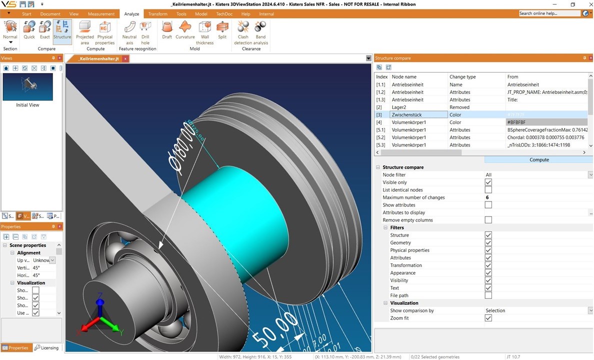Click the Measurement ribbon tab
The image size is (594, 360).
(101, 14)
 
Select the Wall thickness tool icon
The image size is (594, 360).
(204, 27)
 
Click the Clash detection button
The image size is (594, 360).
(243, 27)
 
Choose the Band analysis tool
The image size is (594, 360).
(260, 27)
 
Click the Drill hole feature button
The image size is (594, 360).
(145, 27)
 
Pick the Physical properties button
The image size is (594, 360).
(105, 27)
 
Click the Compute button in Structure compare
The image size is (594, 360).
(538, 160)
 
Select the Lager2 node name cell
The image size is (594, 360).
(418, 107)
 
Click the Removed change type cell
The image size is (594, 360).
(476, 107)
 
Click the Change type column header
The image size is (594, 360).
(476, 77)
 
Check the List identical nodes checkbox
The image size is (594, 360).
(488, 190)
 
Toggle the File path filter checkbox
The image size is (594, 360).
(488, 295)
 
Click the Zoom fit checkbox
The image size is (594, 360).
(488, 318)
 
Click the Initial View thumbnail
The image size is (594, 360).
(27, 87)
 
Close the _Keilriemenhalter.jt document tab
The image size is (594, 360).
(125, 59)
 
